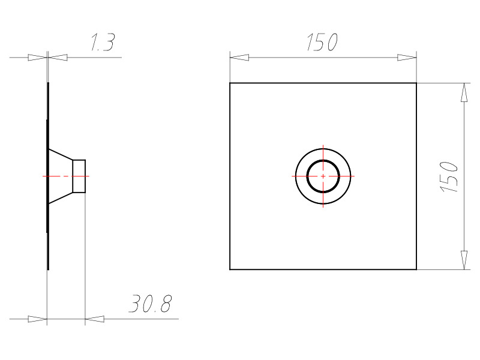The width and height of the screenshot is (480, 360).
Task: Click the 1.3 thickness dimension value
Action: [x=103, y=42]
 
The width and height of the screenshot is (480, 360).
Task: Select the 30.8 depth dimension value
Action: [x=151, y=304]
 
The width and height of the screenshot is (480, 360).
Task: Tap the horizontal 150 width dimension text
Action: [x=322, y=42]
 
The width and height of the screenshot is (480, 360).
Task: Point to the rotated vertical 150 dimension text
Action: [x=449, y=177]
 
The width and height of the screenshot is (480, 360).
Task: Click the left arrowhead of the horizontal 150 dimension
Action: [x=239, y=58]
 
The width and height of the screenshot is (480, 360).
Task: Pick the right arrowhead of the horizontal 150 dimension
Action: [x=407, y=58]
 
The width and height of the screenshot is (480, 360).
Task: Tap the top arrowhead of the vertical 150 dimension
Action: [x=464, y=92]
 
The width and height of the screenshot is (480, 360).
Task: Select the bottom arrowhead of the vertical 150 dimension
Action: [x=464, y=260]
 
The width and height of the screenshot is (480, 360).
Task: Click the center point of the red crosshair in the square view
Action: [x=323, y=176]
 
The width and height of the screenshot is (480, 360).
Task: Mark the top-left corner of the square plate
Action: [x=230, y=83]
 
